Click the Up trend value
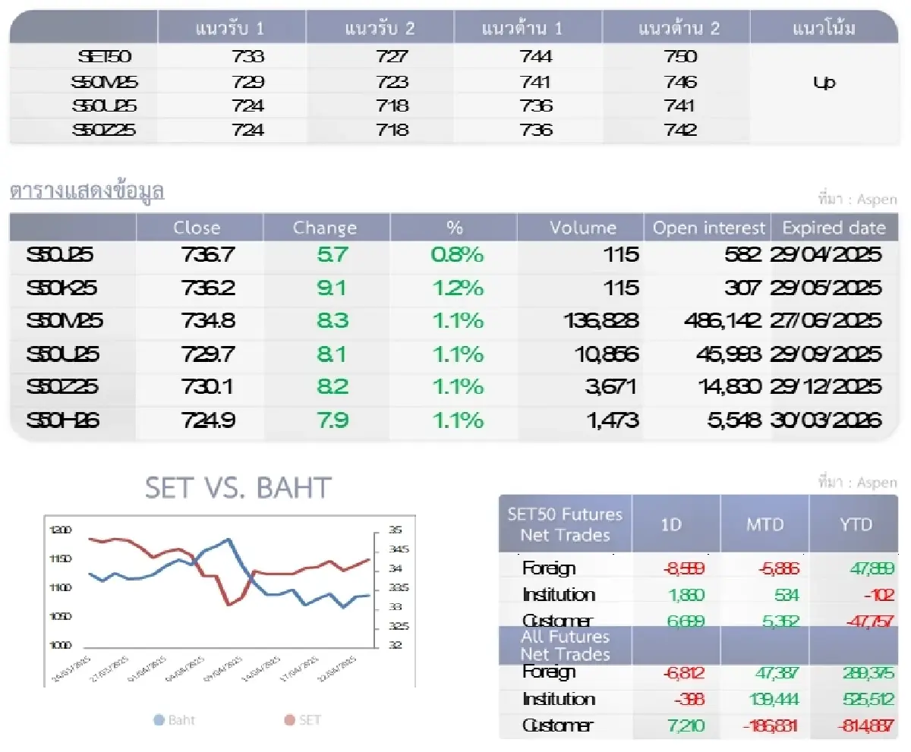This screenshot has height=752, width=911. pos(824,82)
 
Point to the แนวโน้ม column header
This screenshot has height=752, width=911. pos(824,29)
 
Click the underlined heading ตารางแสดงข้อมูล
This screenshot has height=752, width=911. pos(87,191)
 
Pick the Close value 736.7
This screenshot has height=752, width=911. pos(209,255)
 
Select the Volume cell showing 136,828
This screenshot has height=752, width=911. pos(600,321)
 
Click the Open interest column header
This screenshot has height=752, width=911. pos(709,228)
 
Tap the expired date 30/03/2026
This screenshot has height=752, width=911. pos(826,420)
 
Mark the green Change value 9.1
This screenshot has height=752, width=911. pos(333,288)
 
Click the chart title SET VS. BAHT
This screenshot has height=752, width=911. pos(238,488)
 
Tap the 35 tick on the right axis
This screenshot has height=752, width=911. pos(396,530)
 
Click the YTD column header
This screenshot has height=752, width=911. pos(856,524)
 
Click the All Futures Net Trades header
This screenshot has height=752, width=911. pos(565,645)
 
